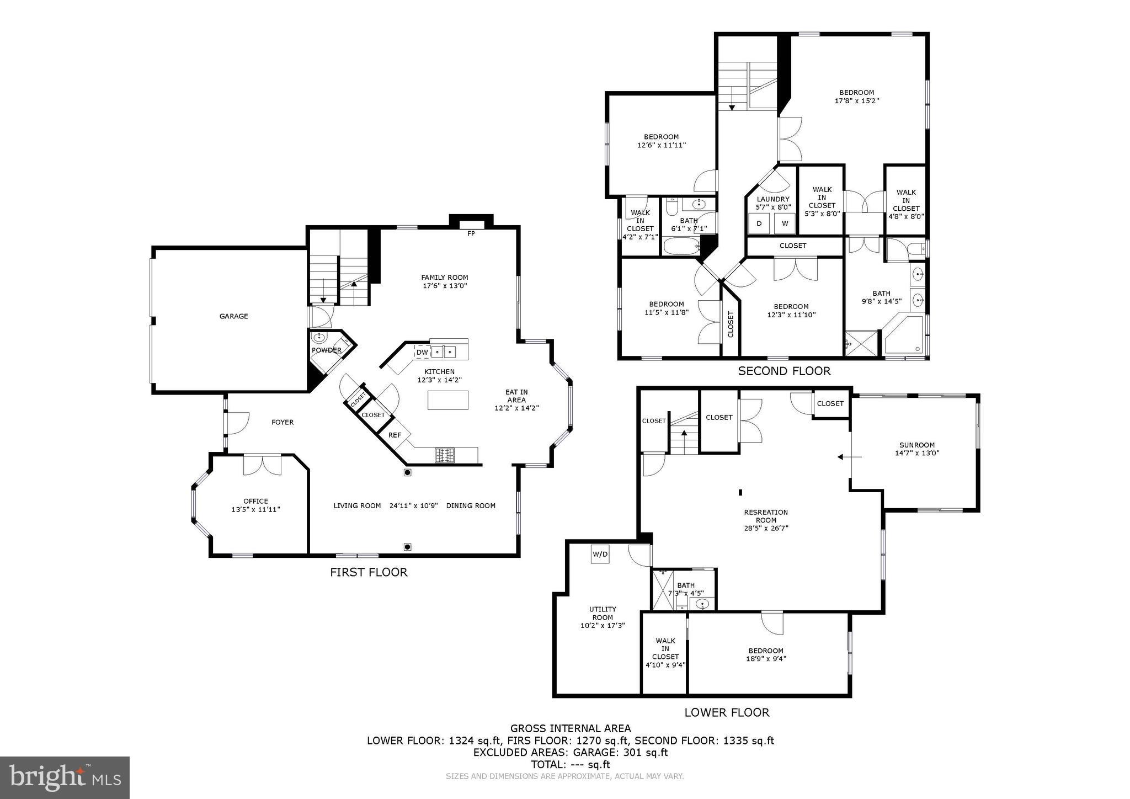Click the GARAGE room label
click(x=233, y=316)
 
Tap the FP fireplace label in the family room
click(x=471, y=233)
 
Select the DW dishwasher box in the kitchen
click(x=422, y=352)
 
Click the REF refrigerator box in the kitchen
click(x=395, y=435)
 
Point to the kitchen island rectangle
click(x=447, y=400)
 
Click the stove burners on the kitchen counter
click(x=445, y=455)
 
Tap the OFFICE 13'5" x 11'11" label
click(x=255, y=505)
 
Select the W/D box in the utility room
click(x=600, y=554)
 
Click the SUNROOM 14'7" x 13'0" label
click(x=916, y=449)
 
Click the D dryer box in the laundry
click(x=759, y=223)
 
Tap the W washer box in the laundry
click(x=785, y=223)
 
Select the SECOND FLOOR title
click(x=784, y=371)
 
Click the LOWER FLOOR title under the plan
click(x=727, y=712)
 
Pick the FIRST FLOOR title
click(x=369, y=572)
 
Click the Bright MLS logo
click(x=65, y=777)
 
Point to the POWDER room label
click(x=326, y=350)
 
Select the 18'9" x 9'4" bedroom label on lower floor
click(x=766, y=654)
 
